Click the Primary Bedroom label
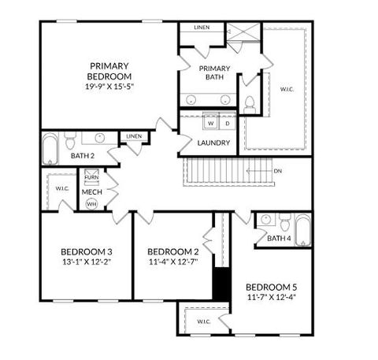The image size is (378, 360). point(109,70)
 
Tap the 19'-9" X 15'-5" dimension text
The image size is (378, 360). point(109,87)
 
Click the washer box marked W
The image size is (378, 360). point(210,123)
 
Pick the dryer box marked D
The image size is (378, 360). point(227,123)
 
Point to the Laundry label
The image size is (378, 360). point(214,143)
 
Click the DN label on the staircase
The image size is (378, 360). point(278,170)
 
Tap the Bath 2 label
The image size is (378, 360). point(82,156)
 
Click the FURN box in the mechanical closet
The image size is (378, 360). point(91,178)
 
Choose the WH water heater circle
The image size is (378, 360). point(91,203)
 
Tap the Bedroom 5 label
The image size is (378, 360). point(272,286)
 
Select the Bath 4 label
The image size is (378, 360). point(279,238)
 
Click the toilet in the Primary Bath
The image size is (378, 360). point(250,104)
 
